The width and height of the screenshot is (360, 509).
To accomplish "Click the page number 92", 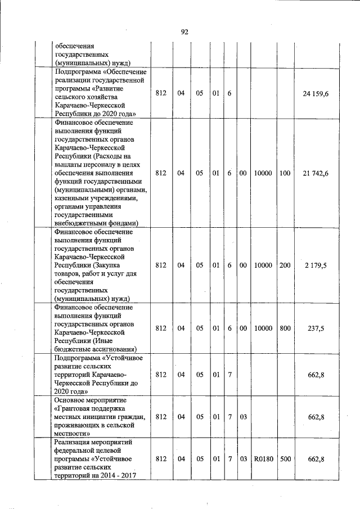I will (x=184, y=32).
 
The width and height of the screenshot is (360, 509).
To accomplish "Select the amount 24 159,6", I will (x=316, y=93).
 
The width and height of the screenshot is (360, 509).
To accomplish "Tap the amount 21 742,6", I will (x=316, y=173).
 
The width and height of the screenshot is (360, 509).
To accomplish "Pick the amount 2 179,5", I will (x=316, y=265).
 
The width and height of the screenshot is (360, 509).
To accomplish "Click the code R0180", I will (x=263, y=459).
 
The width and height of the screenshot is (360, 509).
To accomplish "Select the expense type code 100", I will (x=285, y=173).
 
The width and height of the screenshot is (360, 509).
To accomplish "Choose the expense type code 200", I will (x=285, y=265).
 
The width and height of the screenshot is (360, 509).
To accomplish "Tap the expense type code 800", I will (x=285, y=328).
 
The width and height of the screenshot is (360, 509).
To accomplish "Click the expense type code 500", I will (x=285, y=459).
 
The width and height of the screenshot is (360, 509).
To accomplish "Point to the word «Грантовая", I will (x=75, y=408).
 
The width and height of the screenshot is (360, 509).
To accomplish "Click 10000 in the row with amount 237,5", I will (x=263, y=328).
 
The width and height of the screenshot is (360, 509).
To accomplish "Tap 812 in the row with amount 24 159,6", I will (x=161, y=93).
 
